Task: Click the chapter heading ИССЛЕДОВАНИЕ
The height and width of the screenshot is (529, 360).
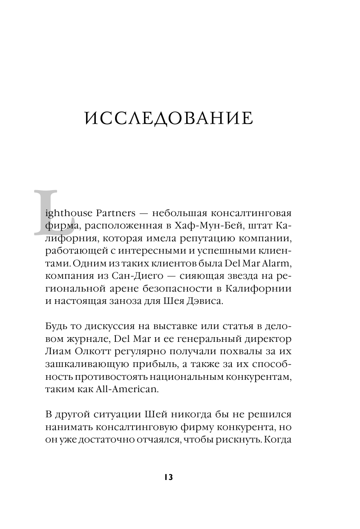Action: point(169,118)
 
